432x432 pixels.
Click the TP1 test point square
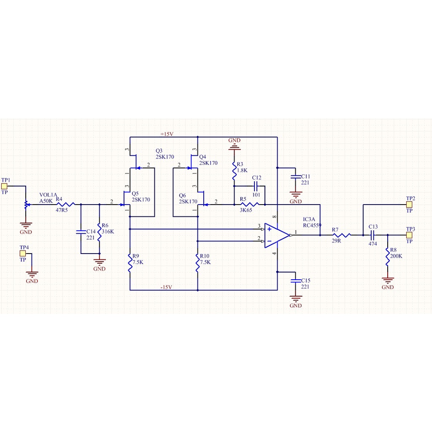coord(4,186)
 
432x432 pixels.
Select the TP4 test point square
coord(23,254)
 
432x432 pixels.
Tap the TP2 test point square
coord(409,205)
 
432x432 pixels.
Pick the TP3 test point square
coord(409,235)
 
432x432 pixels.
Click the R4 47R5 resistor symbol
coord(65,205)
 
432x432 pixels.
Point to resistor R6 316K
coord(100,232)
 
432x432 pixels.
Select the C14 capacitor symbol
coord(81,232)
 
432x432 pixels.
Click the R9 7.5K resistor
coord(130,263)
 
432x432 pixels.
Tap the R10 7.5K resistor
coord(197,263)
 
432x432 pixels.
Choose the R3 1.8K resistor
coord(234,171)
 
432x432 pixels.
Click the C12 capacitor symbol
coord(256,186)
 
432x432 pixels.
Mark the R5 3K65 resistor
coord(250,205)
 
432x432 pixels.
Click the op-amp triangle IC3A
coord(277,235)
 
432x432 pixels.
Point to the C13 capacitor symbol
coord(373,235)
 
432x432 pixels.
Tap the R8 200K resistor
coord(388,256)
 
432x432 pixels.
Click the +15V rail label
coord(167,134)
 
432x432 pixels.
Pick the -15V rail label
coord(166,287)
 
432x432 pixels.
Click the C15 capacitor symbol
coord(296,281)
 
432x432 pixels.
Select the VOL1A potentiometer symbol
coord(26,205)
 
